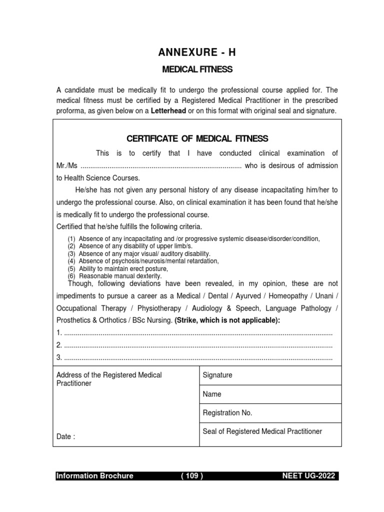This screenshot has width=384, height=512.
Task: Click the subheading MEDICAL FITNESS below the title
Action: (197, 69)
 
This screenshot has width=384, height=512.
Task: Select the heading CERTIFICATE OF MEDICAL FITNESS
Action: (197, 138)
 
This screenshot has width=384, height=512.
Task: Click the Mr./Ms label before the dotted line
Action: (67, 165)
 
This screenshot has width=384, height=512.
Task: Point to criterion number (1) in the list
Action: (72, 239)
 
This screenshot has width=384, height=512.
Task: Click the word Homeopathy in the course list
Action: (282, 295)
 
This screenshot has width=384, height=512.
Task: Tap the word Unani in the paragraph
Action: (325, 295)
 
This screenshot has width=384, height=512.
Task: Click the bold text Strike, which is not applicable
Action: (227, 320)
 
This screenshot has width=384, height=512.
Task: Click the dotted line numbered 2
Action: (198, 345)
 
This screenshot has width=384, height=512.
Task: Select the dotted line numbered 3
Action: (198, 357)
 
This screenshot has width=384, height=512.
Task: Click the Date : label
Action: (66, 436)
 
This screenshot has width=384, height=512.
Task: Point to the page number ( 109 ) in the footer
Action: (191, 476)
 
